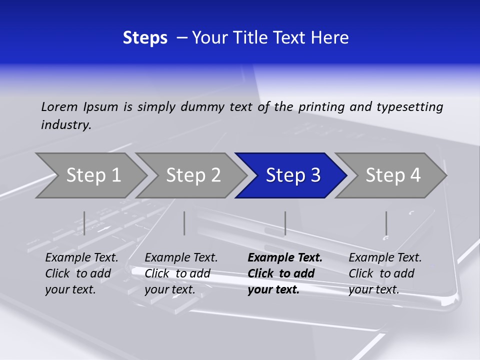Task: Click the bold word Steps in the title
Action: click(x=145, y=38)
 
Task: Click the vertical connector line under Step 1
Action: click(x=84, y=223)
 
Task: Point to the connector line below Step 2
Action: click(x=184, y=223)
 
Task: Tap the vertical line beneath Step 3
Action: click(x=285, y=223)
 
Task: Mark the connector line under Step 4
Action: click(x=386, y=223)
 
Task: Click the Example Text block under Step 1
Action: click(x=81, y=273)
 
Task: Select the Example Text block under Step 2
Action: click(x=181, y=273)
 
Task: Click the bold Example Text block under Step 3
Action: click(x=285, y=273)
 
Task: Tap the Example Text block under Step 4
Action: click(x=385, y=273)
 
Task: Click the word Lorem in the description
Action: click(x=59, y=107)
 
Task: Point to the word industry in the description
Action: click(x=66, y=125)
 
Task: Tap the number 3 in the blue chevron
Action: click(x=315, y=175)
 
